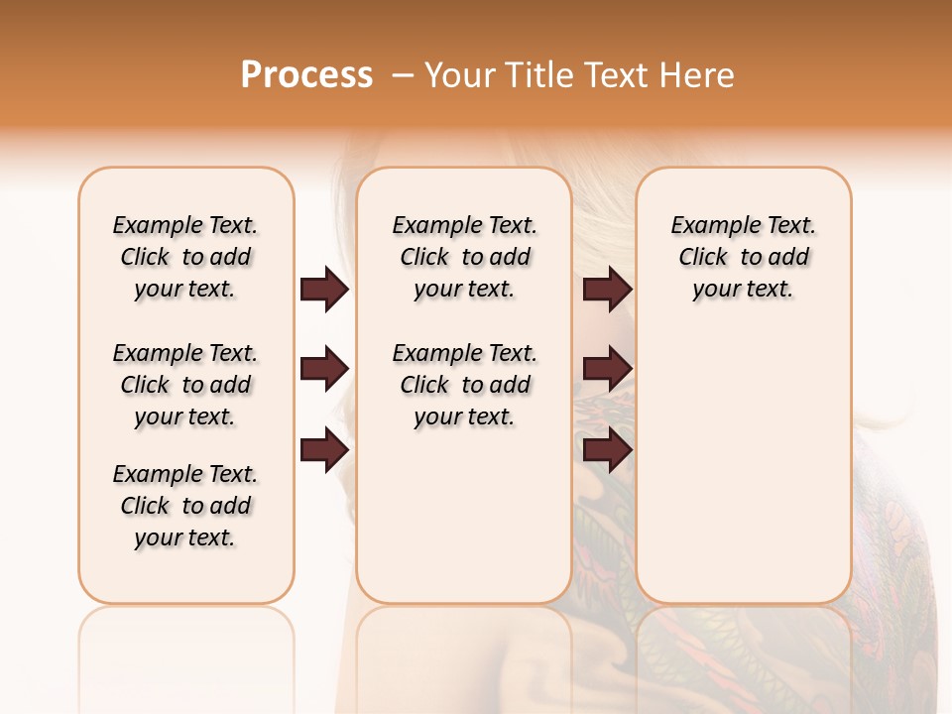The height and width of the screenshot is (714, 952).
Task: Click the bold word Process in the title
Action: point(306,75)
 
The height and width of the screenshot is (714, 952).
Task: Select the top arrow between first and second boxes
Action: point(324,290)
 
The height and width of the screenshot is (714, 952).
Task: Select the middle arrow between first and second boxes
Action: point(324,370)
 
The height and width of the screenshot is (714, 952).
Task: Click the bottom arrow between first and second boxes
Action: point(324,450)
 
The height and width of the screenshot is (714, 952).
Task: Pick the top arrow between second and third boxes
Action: point(607,290)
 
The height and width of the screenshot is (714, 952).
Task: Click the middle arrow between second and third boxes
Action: point(607,370)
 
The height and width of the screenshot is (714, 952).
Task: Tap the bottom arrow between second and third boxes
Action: point(607,450)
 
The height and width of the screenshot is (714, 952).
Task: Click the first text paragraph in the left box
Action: point(185,257)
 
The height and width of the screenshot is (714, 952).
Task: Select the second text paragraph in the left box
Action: point(185,385)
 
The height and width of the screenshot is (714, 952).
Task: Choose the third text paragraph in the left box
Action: point(185,506)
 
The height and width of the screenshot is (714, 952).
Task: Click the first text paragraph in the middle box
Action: point(464,257)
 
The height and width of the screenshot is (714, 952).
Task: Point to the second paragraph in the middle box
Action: point(464,385)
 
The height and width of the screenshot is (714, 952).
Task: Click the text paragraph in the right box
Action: point(743,257)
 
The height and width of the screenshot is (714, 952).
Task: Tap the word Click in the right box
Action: point(703,258)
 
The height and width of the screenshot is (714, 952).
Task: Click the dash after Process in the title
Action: point(403,75)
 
